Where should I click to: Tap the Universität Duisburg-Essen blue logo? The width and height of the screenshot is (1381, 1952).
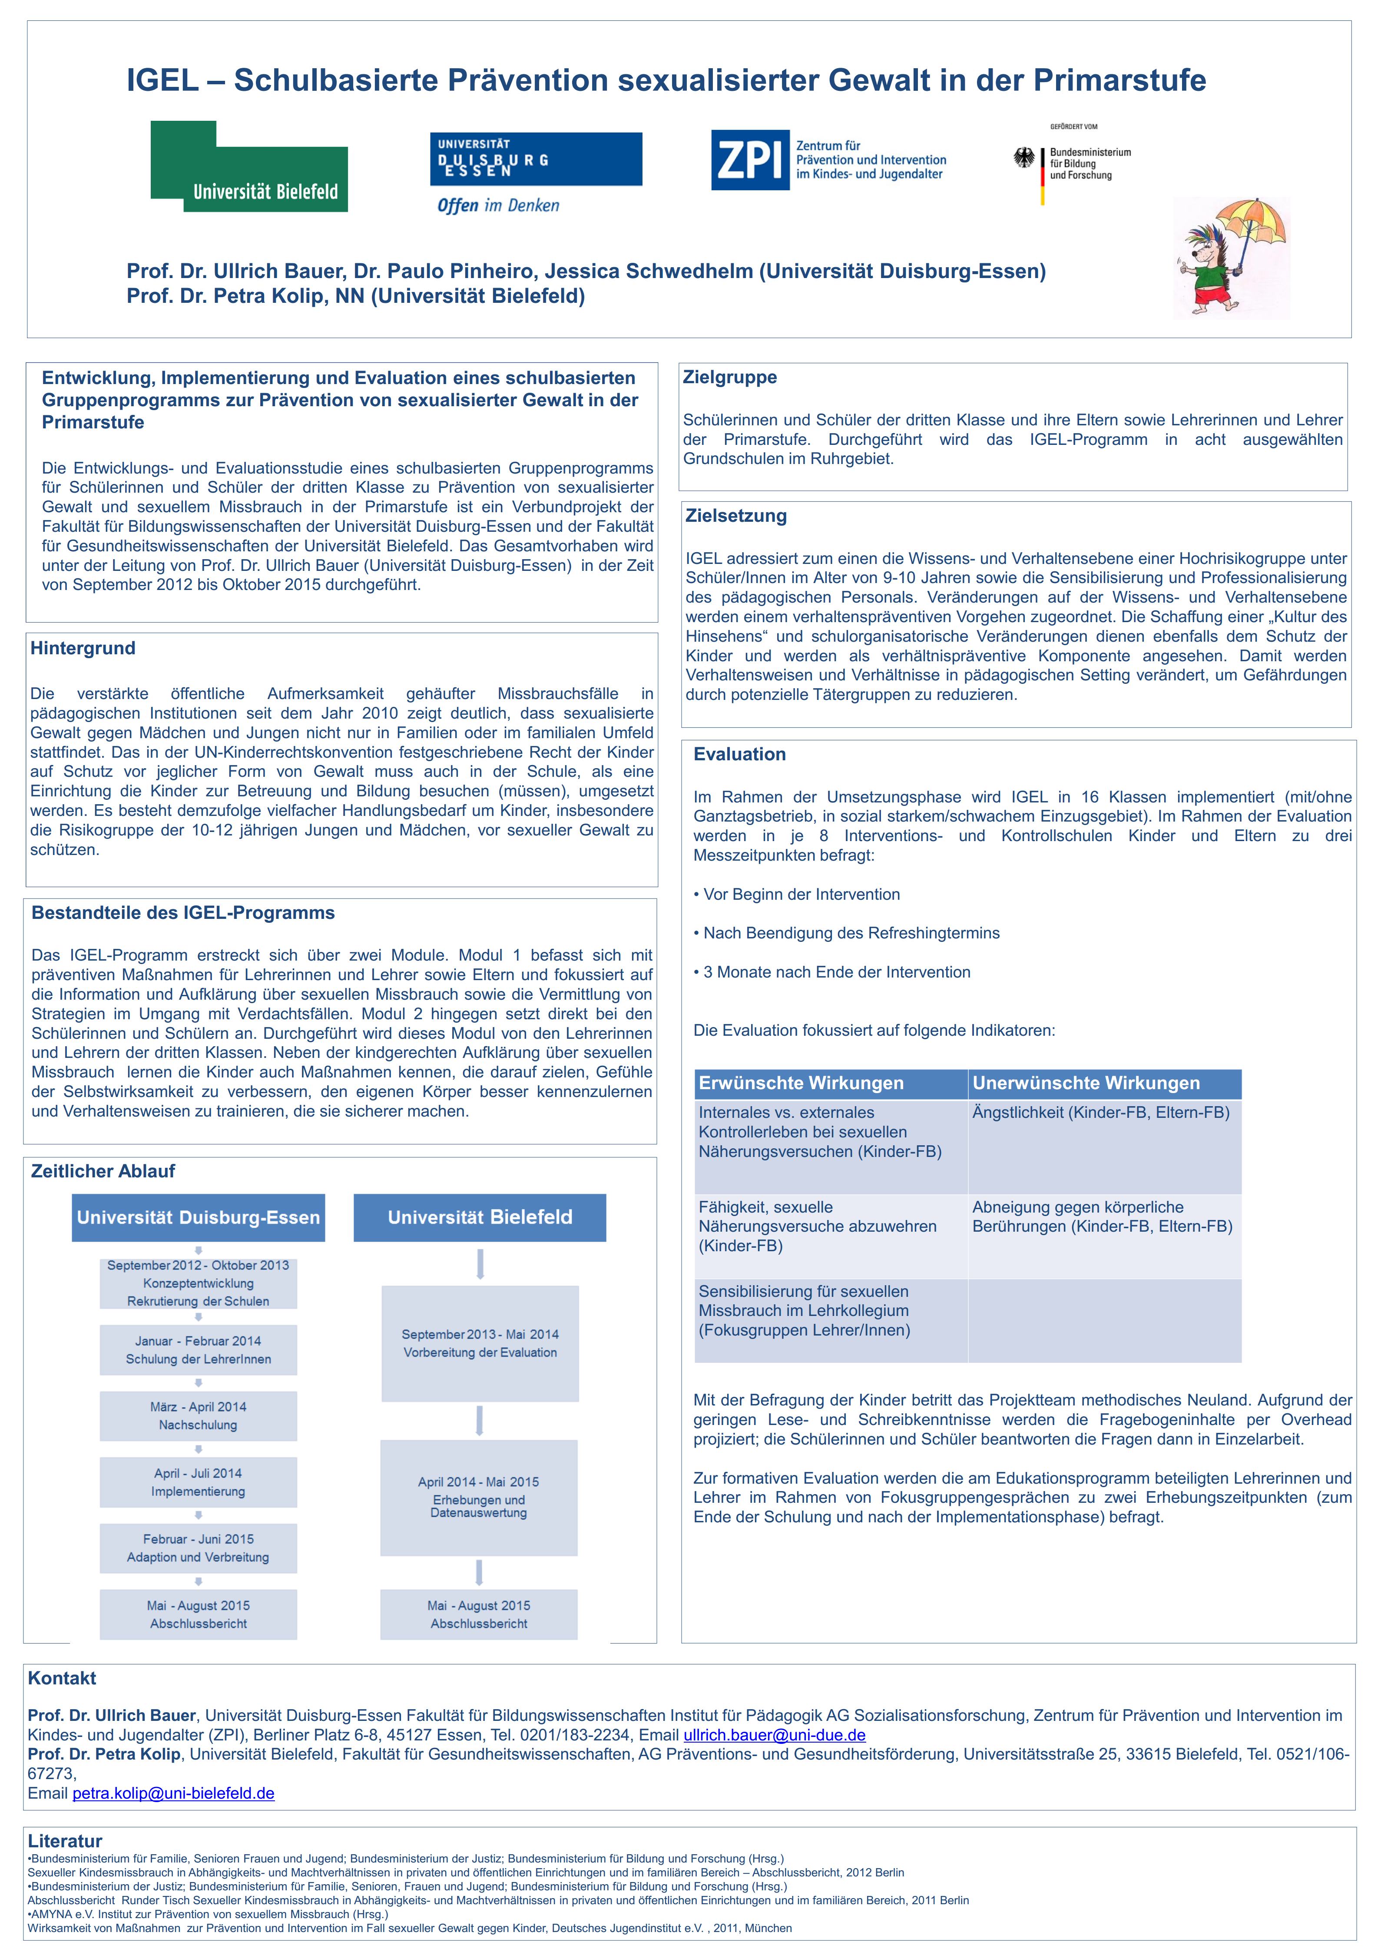(x=536, y=159)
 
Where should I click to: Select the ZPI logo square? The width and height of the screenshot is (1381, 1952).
(x=750, y=160)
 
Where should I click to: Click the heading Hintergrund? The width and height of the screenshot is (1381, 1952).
(x=83, y=648)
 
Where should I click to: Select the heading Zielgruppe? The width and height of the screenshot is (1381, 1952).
(x=730, y=378)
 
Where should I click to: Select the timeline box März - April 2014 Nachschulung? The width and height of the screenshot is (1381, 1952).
(x=198, y=1416)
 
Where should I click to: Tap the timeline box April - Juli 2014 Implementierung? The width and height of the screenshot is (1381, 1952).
(x=198, y=1482)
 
